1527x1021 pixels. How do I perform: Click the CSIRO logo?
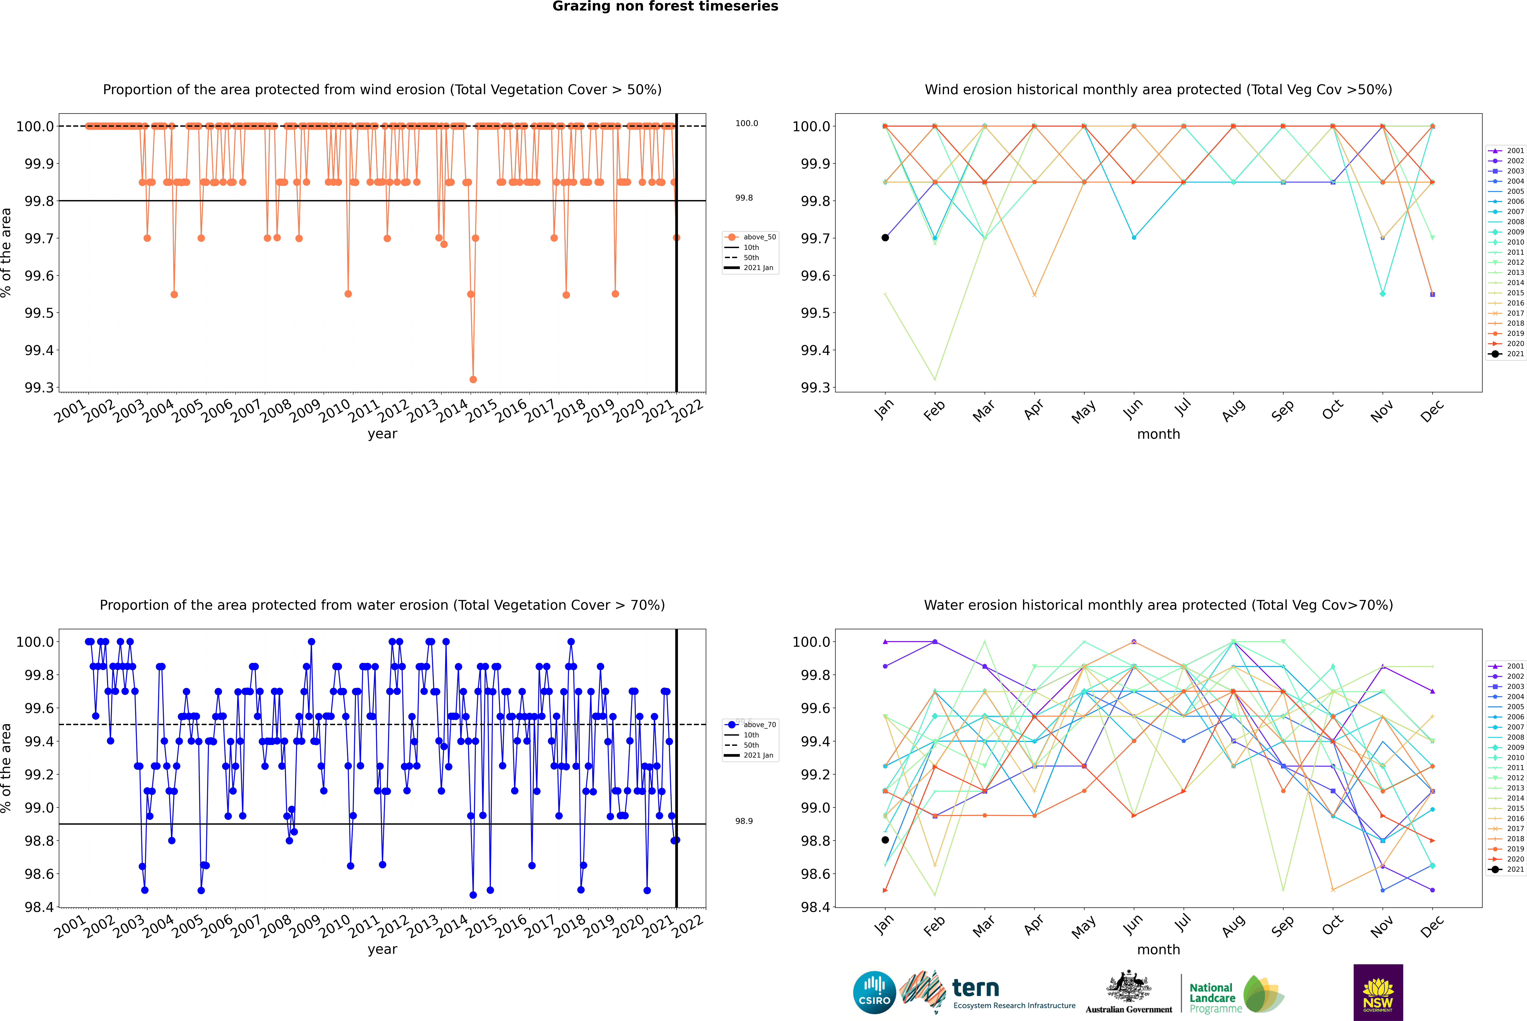[x=874, y=992]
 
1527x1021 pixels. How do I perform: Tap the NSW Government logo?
[x=1378, y=992]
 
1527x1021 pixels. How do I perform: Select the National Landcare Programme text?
[x=1212, y=998]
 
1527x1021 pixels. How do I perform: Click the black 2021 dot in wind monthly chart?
[x=885, y=238]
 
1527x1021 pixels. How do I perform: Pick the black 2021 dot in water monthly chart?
[x=885, y=840]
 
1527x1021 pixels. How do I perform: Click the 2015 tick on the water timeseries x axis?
[x=482, y=925]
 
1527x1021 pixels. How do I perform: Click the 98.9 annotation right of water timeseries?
[x=744, y=821]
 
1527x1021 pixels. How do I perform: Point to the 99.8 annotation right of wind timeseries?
[x=744, y=198]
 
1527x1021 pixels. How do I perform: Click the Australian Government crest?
[x=1129, y=987]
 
